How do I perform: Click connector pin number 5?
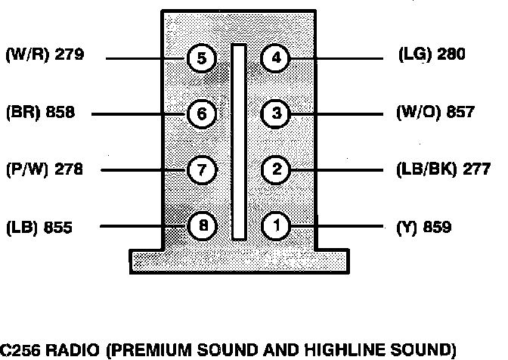click(202, 58)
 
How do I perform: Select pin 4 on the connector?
click(276, 58)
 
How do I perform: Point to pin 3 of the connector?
click(276, 114)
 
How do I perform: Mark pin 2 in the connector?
click(276, 170)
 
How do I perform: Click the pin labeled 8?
click(202, 225)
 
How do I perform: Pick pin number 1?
click(276, 225)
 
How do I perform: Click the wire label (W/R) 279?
click(45, 54)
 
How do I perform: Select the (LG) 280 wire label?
click(432, 54)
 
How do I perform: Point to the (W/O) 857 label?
click(435, 113)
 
